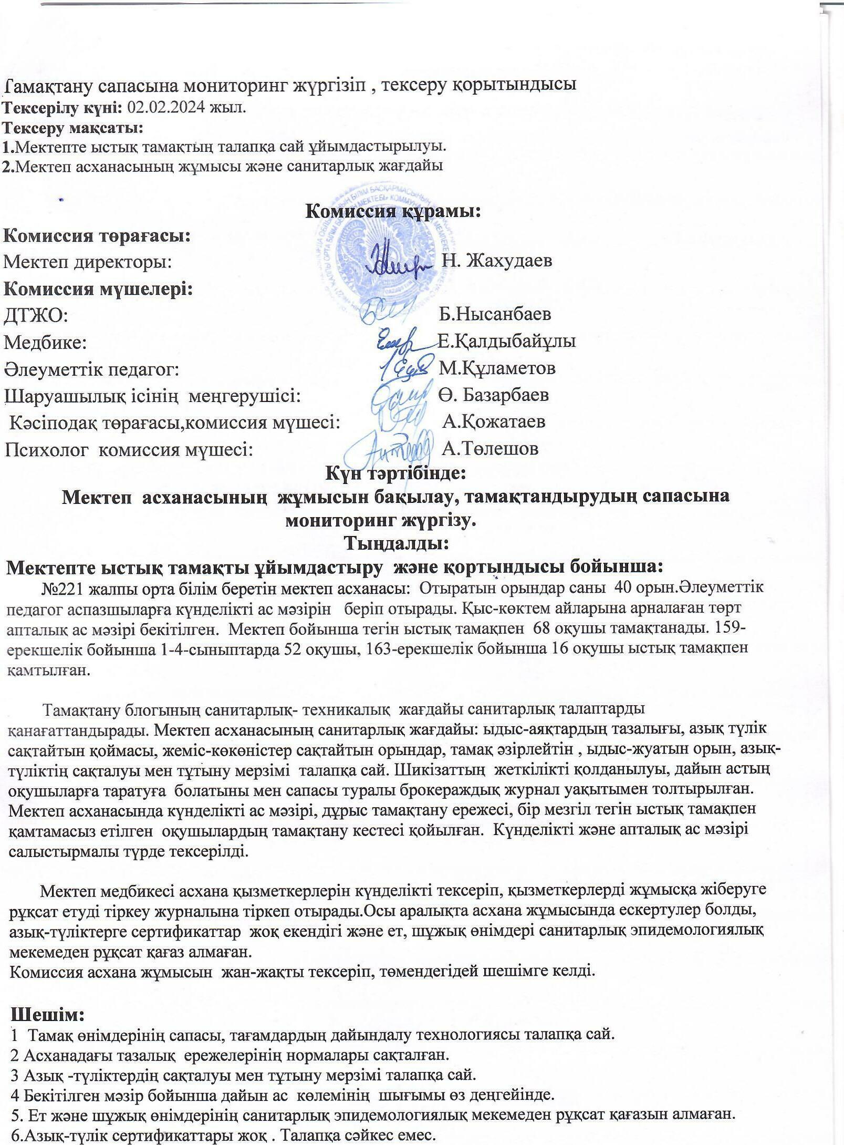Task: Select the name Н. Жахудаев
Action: pyautogui.click(x=497, y=261)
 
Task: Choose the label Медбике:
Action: pyautogui.click(x=46, y=342)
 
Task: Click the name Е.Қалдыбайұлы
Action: pyautogui.click(x=507, y=341)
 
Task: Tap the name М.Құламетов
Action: pyautogui.click(x=497, y=368)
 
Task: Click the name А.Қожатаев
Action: pyautogui.click(x=494, y=421)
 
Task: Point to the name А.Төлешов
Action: pyautogui.click(x=490, y=448)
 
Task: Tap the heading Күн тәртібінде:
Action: pyautogui.click(x=395, y=473)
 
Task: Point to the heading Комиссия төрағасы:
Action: pyautogui.click(x=97, y=235)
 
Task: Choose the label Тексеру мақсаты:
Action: pyautogui.click(x=73, y=127)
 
